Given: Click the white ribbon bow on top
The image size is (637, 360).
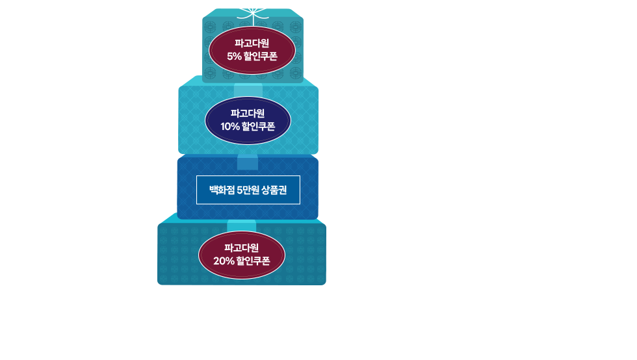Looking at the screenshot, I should (x=252, y=8).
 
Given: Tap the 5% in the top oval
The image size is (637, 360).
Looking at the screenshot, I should (x=234, y=57).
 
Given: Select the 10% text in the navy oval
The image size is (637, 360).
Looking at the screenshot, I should (x=230, y=127).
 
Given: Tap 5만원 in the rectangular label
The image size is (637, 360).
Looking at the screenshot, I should (x=248, y=190).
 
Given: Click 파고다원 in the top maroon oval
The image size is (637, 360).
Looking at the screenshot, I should (x=252, y=44).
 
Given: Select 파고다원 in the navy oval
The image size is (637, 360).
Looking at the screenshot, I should (x=248, y=112).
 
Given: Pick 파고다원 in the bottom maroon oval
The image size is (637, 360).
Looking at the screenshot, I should (x=242, y=248).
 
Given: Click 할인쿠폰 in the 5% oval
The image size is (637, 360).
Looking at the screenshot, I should (x=261, y=57).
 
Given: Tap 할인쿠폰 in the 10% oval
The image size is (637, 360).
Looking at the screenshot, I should (x=258, y=127).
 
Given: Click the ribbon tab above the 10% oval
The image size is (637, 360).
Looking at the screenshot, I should (x=248, y=89).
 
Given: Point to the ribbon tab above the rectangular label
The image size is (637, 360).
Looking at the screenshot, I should (x=248, y=161).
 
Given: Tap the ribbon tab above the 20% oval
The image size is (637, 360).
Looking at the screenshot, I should (x=241, y=225).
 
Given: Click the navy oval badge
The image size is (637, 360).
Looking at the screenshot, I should (x=248, y=121).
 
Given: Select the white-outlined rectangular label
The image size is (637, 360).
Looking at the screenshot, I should (x=248, y=190).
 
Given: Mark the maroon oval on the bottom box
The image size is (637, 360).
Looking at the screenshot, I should (x=242, y=255).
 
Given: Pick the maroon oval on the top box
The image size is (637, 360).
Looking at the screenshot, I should (x=252, y=51).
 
